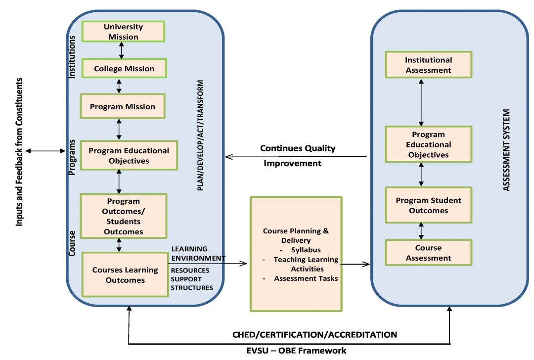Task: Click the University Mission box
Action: [x=123, y=32]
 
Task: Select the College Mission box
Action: [x=124, y=69]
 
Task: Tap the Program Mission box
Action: [x=123, y=106]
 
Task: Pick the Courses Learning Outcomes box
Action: [x=125, y=275]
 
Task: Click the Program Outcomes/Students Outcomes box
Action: [x=123, y=217]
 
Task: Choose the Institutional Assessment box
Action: [x=428, y=65]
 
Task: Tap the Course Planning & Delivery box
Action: [x=296, y=254]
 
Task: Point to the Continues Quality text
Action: [x=298, y=148]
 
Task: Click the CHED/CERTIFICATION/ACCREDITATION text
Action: [x=314, y=335]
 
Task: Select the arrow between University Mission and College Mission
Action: [x=121, y=50]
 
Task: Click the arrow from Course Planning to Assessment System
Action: [x=356, y=265]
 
